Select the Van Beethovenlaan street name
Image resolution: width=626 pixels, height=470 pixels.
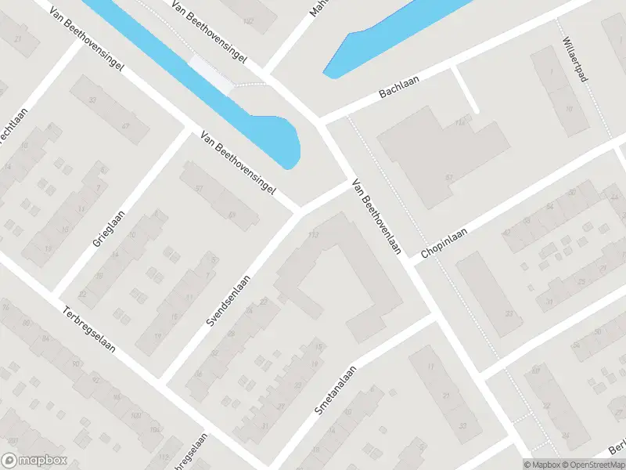click(x=377, y=217)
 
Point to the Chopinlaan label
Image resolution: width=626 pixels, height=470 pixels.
click(x=444, y=244)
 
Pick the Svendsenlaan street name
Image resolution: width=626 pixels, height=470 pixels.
click(x=230, y=302)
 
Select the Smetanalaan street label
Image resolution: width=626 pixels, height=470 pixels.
click(x=336, y=390)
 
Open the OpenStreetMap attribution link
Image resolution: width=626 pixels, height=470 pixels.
click(x=592, y=465)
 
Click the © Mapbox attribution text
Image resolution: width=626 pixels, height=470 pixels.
click(x=541, y=465)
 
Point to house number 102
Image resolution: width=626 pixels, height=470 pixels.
click(x=249, y=20)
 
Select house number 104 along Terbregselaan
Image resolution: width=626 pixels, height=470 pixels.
click(x=153, y=428)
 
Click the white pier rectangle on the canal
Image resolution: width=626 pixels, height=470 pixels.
click(x=211, y=74)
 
